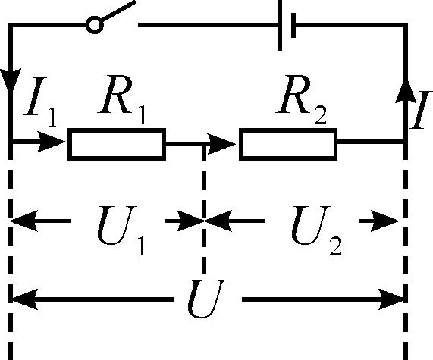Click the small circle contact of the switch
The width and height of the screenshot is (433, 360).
94,26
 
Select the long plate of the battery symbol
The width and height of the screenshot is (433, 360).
280,27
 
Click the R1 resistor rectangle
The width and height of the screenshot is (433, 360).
117,143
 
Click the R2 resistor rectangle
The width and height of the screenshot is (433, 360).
288,143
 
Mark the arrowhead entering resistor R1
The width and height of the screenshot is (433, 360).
57,142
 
